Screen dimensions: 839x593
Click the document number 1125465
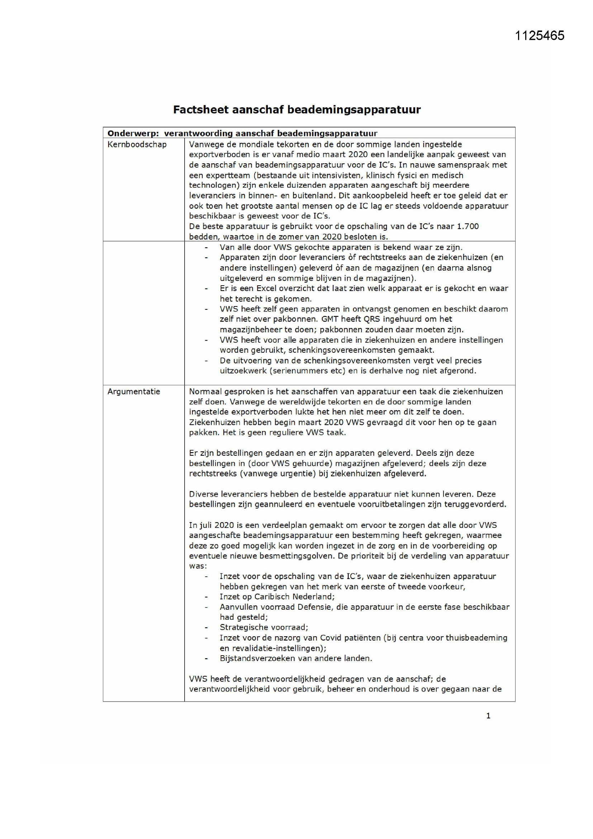coord(539,36)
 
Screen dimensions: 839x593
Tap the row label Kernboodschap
coord(137,144)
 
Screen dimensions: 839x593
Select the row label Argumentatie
coord(134,392)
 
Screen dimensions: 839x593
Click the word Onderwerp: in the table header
coord(133,133)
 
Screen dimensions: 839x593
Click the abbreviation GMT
coord(330,319)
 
